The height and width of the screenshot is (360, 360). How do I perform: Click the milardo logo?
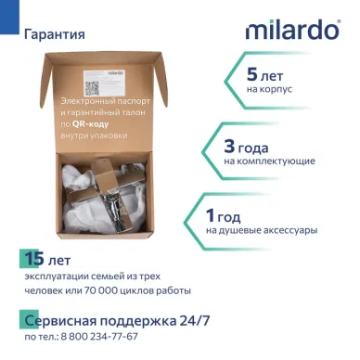[292, 30]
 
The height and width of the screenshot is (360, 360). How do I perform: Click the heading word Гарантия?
[56, 34]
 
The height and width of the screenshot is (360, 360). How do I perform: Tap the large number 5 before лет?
[252, 73]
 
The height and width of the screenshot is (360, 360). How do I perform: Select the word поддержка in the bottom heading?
[132, 320]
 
